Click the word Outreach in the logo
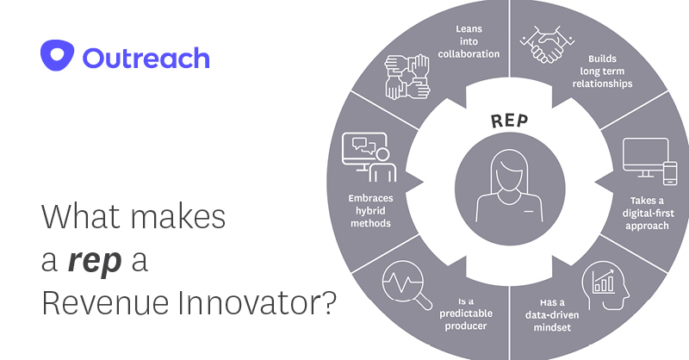pyautogui.click(x=146, y=58)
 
